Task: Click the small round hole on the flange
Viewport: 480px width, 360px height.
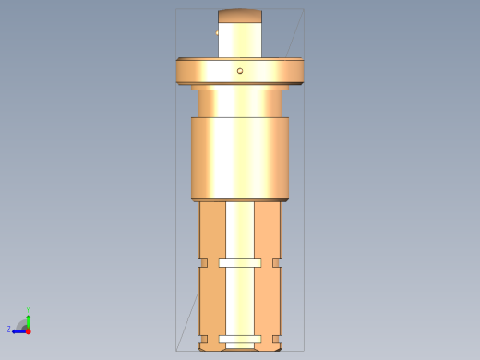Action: tap(240, 71)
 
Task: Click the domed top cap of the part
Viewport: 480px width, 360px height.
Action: tap(240, 16)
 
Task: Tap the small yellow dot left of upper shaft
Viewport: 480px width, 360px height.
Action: tap(217, 33)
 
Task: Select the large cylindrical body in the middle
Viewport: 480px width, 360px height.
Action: tap(240, 159)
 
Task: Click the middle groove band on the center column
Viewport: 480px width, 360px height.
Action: tap(240, 263)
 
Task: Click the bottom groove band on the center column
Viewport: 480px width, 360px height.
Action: tap(240, 337)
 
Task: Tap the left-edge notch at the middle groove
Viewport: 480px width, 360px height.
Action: tap(203, 263)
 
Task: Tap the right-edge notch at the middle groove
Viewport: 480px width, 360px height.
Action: tap(277, 263)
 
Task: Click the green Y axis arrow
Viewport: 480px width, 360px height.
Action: tap(28, 316)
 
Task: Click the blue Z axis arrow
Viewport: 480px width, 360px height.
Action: tap(18, 330)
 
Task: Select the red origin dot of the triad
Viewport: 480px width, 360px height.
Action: tap(28, 330)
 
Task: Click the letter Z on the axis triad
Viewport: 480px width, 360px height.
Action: tap(9, 330)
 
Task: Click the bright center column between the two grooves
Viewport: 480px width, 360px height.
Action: tap(240, 300)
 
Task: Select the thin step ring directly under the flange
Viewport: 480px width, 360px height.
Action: tap(240, 87)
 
